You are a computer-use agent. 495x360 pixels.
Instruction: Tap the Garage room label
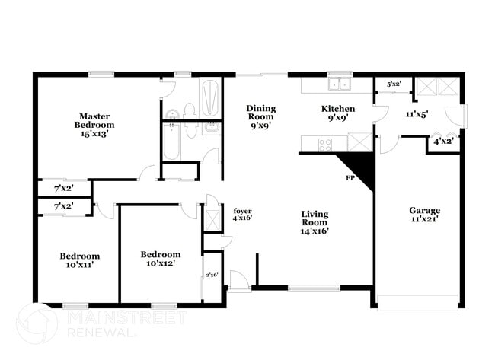[424, 210]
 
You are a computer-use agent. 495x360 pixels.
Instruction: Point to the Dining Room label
[260, 113]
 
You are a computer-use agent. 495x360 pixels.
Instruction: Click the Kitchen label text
[337, 109]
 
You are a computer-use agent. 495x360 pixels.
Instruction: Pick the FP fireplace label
[350, 178]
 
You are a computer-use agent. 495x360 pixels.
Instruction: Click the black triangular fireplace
[358, 168]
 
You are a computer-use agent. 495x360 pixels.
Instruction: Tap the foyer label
[242, 211]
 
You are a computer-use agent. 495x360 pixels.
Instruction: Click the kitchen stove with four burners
[325, 143]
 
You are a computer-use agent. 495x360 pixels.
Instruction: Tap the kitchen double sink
[339, 84]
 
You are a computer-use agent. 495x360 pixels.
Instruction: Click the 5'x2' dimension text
[394, 84]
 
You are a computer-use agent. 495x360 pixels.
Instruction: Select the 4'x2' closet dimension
[442, 142]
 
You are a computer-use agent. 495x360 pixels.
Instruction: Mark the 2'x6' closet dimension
[212, 275]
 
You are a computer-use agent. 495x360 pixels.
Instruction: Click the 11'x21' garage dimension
[424, 220]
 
